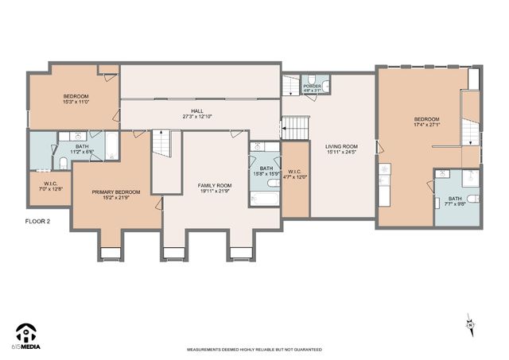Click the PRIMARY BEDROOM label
(115, 192)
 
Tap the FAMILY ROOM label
(215, 186)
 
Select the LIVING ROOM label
(341, 146)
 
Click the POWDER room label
(313, 86)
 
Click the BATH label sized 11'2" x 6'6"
(82, 146)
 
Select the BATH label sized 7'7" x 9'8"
(455, 199)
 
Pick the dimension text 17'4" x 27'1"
(426, 125)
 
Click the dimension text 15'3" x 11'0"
(76, 101)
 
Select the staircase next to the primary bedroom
(163, 145)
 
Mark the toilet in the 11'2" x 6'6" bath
(63, 163)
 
